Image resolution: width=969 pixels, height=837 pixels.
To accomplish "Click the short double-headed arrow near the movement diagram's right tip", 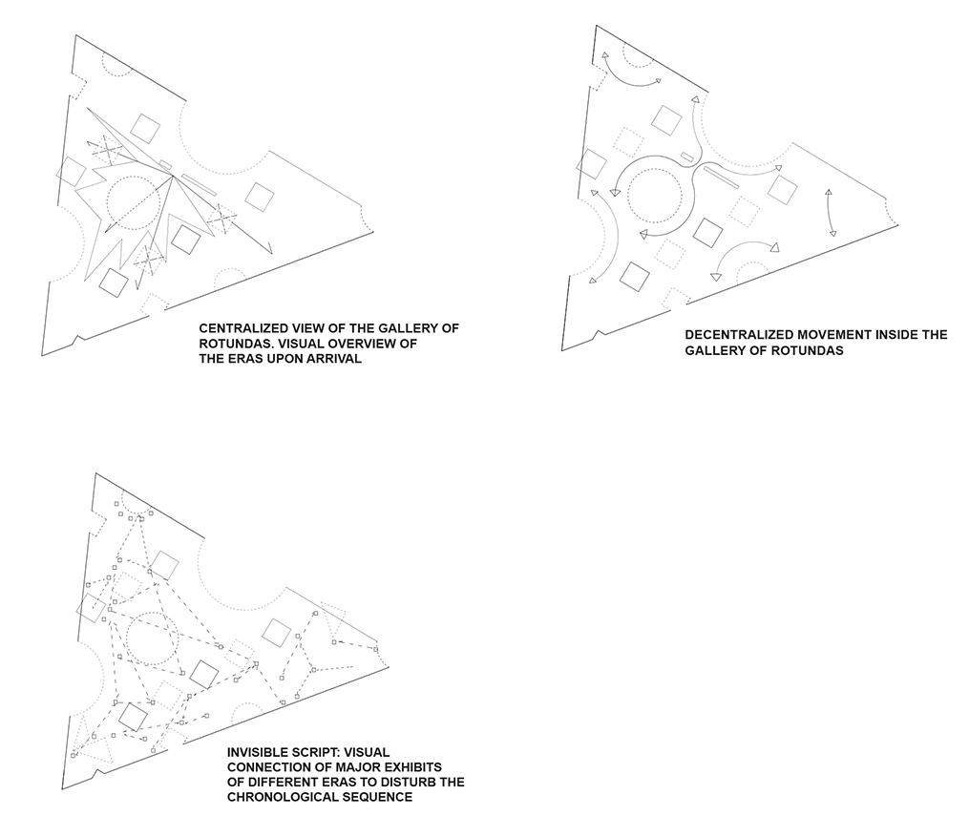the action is pyautogui.click(x=831, y=213).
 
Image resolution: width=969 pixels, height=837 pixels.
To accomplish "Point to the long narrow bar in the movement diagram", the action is pyautogui.click(x=721, y=176).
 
